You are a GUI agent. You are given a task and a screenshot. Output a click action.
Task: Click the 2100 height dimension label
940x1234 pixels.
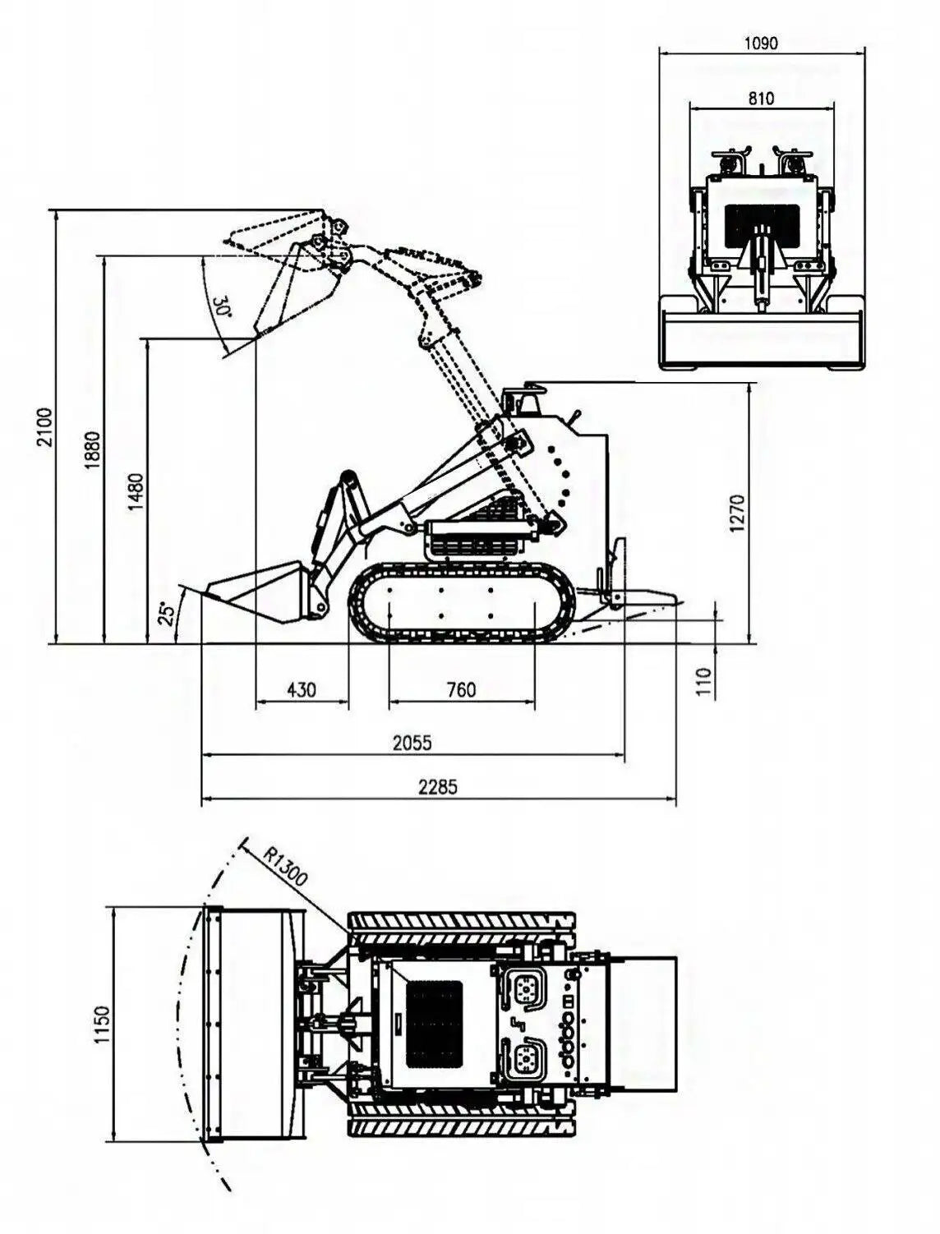tap(44, 426)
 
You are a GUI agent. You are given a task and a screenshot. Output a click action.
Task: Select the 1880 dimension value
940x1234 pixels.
tap(92, 449)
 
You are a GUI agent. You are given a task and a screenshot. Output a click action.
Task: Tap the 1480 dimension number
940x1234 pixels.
tap(136, 491)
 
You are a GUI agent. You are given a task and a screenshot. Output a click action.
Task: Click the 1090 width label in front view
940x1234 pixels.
tap(761, 44)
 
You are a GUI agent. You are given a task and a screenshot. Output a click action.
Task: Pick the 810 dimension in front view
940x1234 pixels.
tap(761, 99)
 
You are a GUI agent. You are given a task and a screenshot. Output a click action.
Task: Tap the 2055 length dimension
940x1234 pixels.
tap(412, 743)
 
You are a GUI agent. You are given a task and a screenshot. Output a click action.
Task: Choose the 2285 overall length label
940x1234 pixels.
tap(437, 786)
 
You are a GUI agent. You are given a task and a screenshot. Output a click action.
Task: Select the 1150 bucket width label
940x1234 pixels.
tap(101, 1024)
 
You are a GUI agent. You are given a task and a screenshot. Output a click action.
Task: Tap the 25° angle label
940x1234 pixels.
tap(167, 614)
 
